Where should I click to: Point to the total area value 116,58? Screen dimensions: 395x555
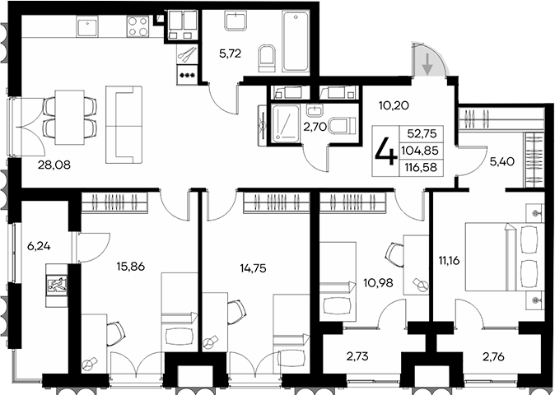[x=421, y=167]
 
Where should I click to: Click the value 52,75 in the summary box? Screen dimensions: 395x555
[x=421, y=134]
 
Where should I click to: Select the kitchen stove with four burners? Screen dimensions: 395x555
[x=137, y=28]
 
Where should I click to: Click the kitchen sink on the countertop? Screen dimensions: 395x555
[x=88, y=28]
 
